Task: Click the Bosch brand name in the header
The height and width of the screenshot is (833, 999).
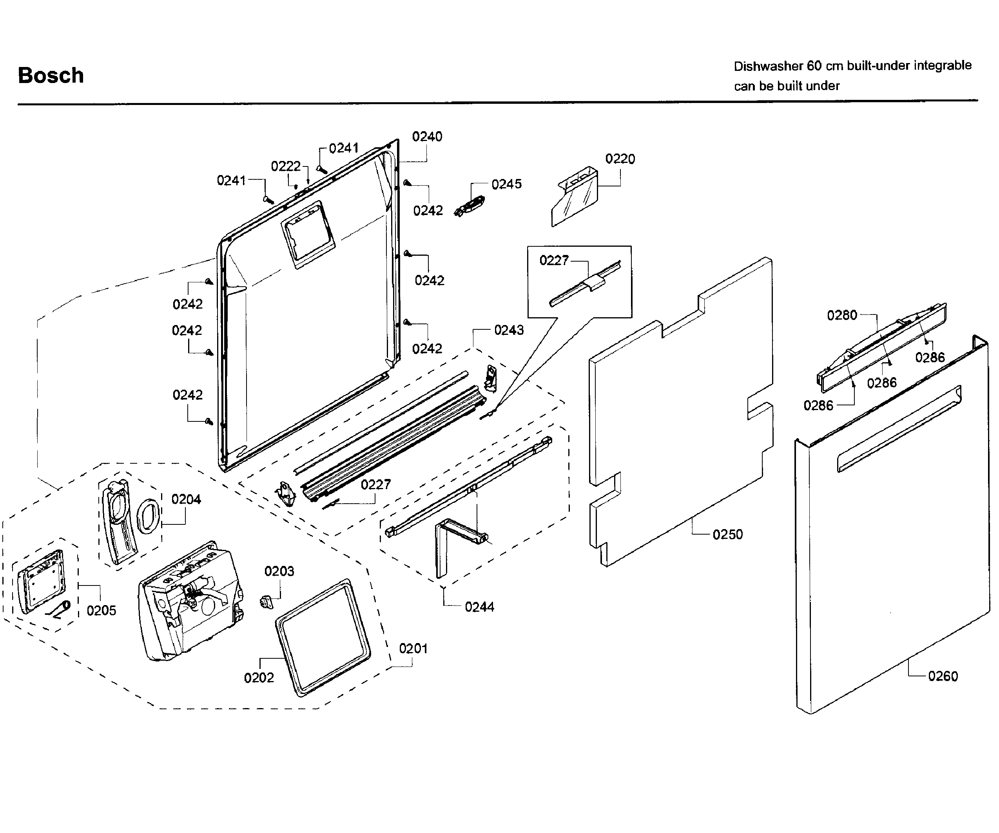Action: click(x=51, y=76)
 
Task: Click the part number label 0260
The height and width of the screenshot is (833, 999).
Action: click(x=943, y=676)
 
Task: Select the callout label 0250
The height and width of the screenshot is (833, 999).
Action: click(x=727, y=535)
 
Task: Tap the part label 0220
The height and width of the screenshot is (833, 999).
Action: click(x=620, y=159)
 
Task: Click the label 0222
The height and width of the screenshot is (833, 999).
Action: click(x=285, y=166)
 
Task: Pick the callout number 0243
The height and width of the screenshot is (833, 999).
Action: click(x=509, y=330)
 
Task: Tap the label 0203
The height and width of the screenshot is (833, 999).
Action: click(x=279, y=571)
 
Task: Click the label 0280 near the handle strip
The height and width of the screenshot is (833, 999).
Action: click(x=841, y=315)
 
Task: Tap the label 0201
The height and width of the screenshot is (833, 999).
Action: click(x=413, y=649)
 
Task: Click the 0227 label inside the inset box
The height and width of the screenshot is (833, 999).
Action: click(x=554, y=260)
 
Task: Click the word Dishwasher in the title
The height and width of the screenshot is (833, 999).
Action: click(x=768, y=66)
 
